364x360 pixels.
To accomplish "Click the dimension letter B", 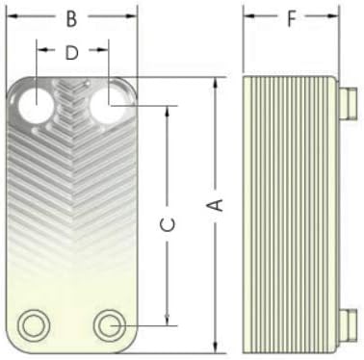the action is coord(71,18).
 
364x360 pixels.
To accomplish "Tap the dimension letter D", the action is coord(71,53).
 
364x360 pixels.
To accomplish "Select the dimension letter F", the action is coord(291,19).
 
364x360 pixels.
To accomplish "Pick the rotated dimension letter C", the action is coord(168,224).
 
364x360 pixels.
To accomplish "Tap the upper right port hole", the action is coord(108,105).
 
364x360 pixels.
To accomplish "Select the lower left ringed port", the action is coord(34,325).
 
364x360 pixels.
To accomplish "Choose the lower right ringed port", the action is coord(110,325).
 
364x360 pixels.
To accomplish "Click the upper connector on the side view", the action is coord(348,102).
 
